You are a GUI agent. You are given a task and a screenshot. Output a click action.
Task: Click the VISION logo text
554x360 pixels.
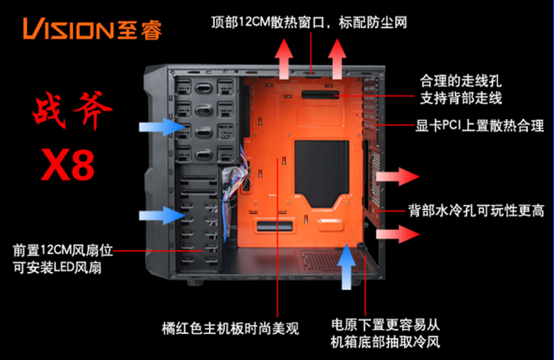(x=67, y=29)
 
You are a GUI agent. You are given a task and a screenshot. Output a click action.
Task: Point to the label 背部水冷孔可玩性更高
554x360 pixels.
(x=477, y=209)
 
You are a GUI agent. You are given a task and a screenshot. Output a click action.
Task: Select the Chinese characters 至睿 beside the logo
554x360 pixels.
(x=140, y=29)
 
